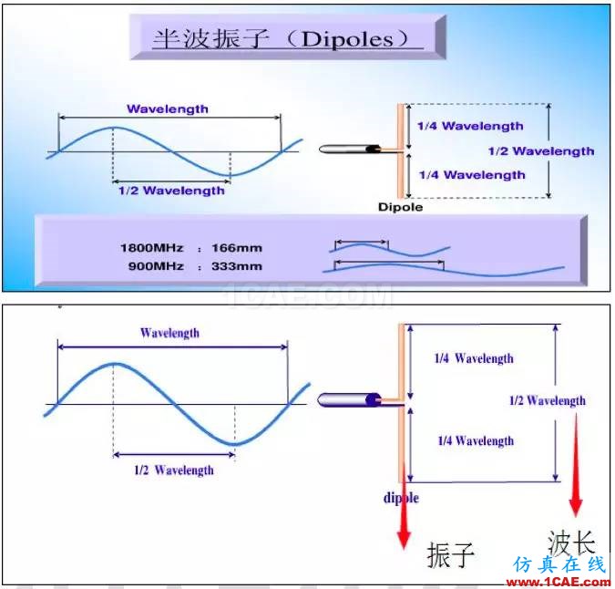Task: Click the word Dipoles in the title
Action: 347,39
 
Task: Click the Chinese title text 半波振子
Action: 210,39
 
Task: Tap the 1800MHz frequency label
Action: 152,248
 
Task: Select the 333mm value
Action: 237,266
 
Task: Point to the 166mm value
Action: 237,248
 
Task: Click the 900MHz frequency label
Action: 156,266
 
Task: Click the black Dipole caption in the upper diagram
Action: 401,207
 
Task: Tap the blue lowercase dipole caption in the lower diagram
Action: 401,498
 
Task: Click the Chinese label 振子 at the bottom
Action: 451,554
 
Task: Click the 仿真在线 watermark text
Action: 559,564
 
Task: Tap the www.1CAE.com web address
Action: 559,582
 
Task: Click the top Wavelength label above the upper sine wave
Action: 168,108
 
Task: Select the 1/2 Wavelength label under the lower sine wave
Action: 174,470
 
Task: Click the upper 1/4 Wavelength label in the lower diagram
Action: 474,358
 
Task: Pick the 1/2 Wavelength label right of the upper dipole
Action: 541,151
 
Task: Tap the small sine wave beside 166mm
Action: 389,250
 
